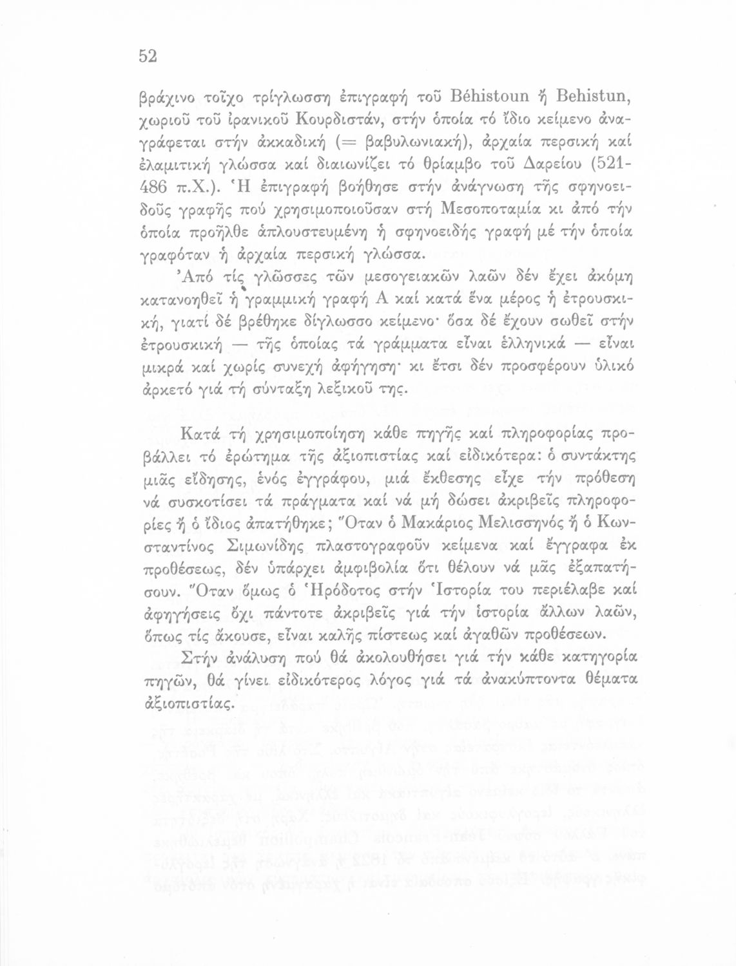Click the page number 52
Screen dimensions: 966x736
click(148, 57)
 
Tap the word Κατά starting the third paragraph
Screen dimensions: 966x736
click(201, 435)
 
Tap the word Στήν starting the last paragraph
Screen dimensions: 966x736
click(200, 658)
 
